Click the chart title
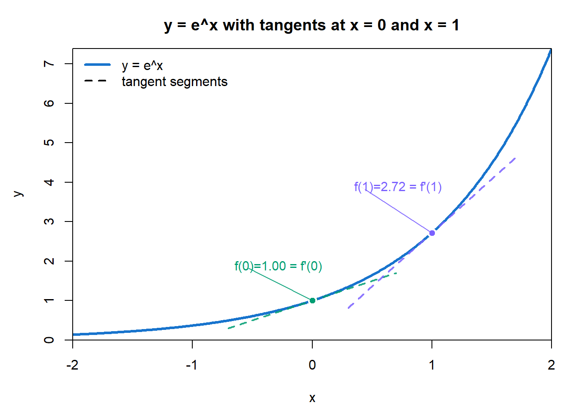point(311,25)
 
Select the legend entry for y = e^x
point(142,65)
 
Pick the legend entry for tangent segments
point(174,81)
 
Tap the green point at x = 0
point(312,300)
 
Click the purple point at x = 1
point(432,233)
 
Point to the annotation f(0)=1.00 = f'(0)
point(278,266)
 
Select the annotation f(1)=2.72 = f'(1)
point(398,187)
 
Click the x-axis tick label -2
point(72,365)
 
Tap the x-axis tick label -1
point(192,365)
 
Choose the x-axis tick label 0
point(312,365)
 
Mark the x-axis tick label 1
point(432,365)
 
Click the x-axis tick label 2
point(551,365)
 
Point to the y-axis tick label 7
point(49,64)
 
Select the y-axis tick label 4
point(49,182)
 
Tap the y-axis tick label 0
point(49,340)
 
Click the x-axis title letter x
point(312,398)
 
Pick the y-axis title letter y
point(18,194)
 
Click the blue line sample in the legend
point(97,65)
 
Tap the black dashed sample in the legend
point(96,81)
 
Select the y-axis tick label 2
point(49,261)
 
